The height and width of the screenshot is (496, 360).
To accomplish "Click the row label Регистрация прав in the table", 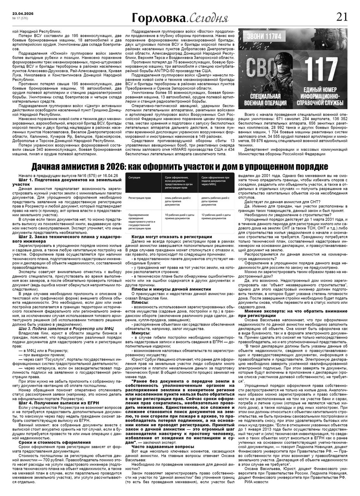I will [x=139, y=198].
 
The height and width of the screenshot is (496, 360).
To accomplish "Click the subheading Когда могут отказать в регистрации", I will [x=172, y=237].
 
